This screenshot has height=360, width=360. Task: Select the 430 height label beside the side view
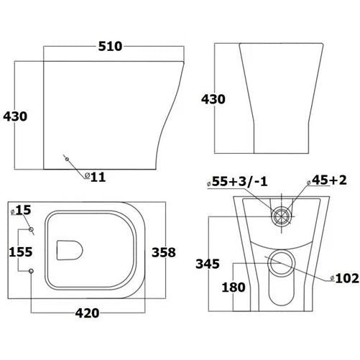coord(16,115)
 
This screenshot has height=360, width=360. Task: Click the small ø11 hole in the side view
coord(65,157)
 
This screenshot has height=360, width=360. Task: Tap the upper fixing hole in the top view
coord(32,229)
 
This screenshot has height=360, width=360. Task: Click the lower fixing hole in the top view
coord(32,271)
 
